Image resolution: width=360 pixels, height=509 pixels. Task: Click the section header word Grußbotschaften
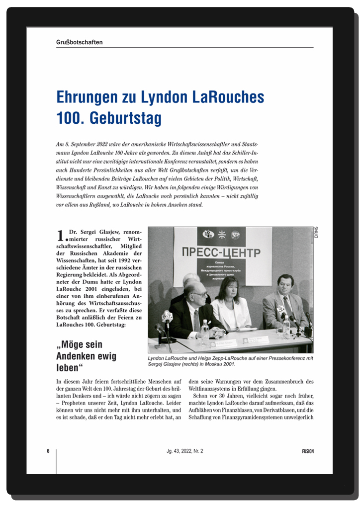click(x=80, y=42)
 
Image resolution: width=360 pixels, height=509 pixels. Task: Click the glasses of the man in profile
click(x=199, y=294)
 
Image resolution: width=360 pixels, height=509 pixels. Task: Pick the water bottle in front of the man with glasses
click(x=204, y=334)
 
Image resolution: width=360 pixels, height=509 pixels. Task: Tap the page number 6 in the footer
click(x=48, y=451)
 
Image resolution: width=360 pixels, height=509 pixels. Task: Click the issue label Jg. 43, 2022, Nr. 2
click(x=185, y=451)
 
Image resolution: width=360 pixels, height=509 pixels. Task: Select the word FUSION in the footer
click(x=307, y=451)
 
